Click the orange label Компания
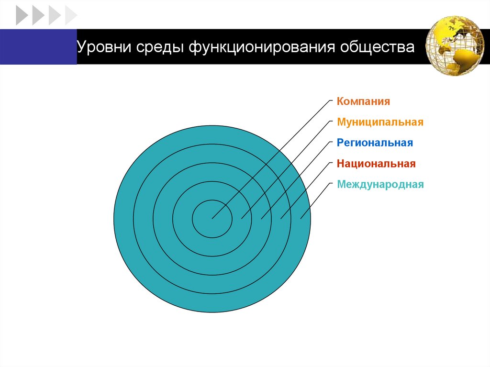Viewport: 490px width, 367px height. coord(363,101)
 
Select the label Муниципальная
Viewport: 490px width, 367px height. coord(380,122)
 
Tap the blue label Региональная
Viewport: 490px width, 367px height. coord(374,143)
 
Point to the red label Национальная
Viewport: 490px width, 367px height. coord(376,164)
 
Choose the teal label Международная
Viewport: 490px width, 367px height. coord(380,184)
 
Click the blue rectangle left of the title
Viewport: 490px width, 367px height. coord(38,46)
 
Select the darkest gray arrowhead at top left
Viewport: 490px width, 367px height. coord(22,15)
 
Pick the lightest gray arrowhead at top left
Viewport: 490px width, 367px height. coord(70,15)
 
